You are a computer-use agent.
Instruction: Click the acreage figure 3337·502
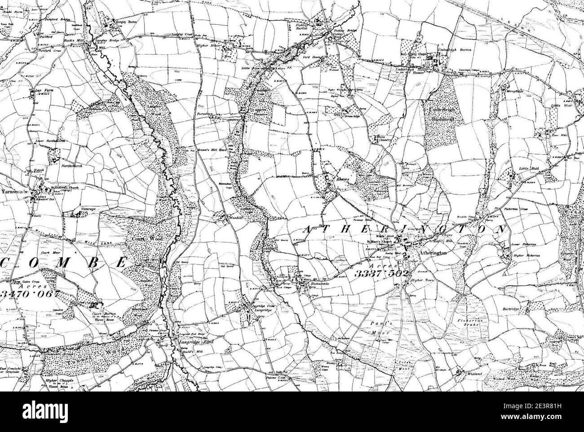pyautogui.click(x=381, y=273)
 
